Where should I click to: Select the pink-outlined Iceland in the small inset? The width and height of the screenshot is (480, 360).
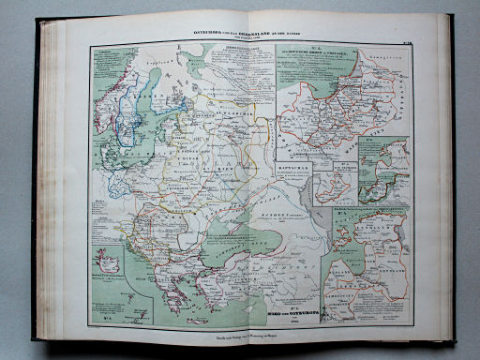(x=110, y=266)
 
